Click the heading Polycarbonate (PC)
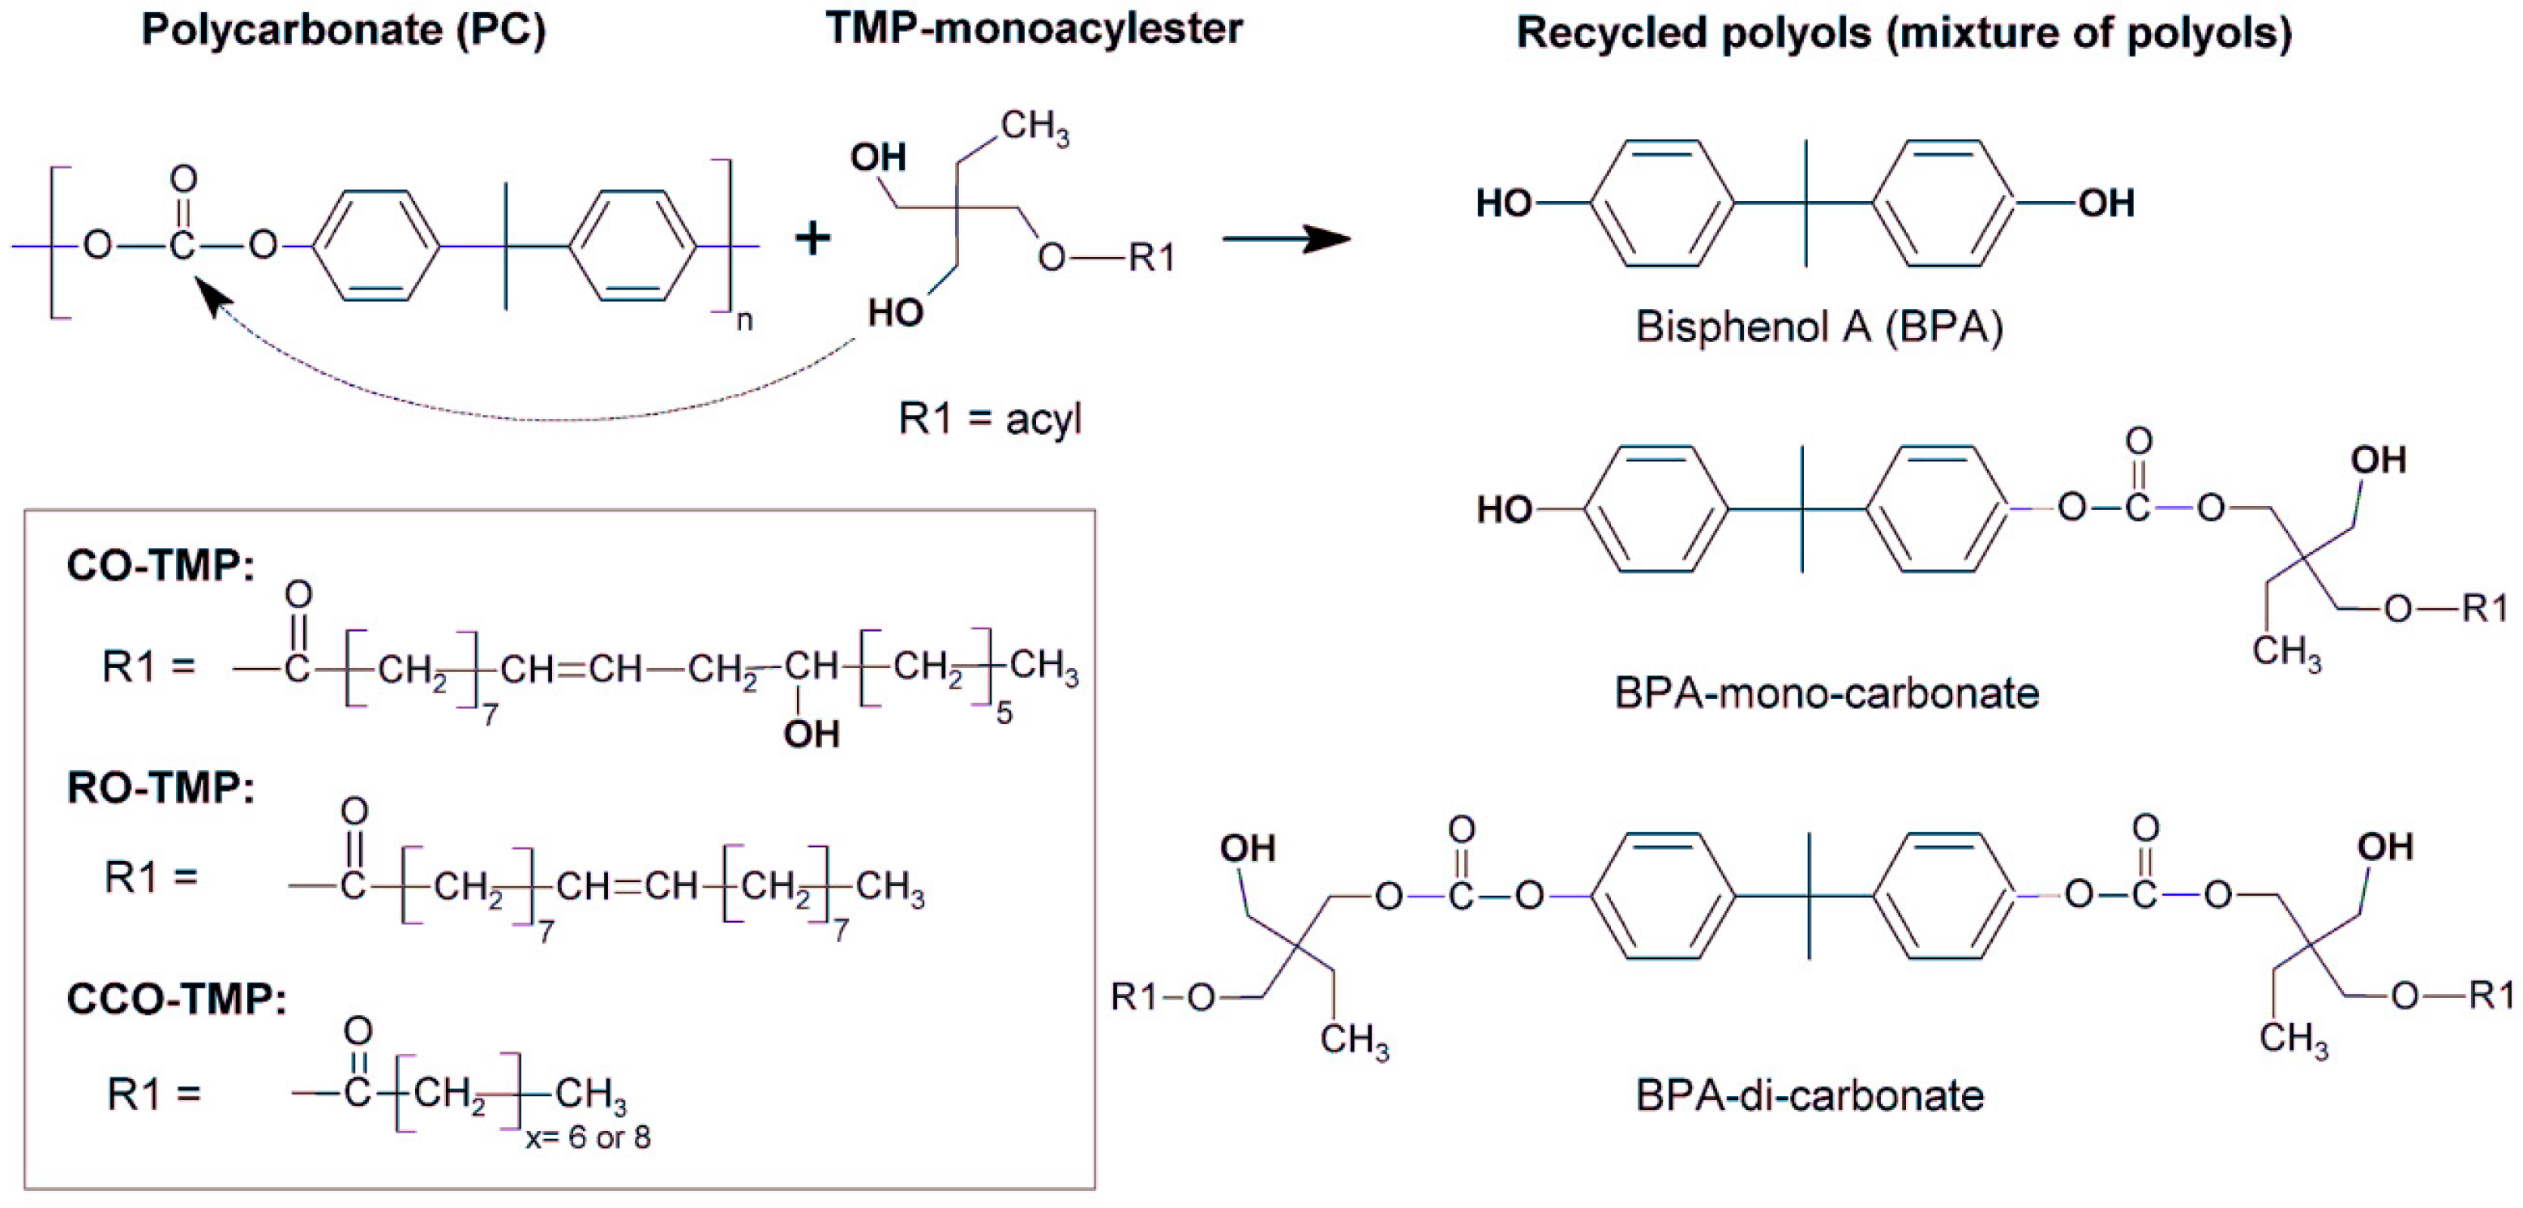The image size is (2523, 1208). [x=343, y=30]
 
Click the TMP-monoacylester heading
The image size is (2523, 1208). [x=1034, y=28]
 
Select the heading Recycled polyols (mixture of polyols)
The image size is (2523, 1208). [x=1903, y=32]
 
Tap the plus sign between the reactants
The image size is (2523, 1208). [x=812, y=238]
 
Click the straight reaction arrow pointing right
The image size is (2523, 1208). [x=1285, y=238]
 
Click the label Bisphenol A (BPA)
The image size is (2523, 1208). [x=1818, y=326]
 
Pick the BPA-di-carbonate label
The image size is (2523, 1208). [x=1809, y=1095]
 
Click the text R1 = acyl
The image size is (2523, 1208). [x=989, y=419]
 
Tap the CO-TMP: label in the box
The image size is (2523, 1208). [x=160, y=565]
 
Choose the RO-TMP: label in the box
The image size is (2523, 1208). [x=160, y=786]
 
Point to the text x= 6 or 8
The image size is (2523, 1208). [x=588, y=1137]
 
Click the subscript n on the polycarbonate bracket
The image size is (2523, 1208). [x=744, y=320]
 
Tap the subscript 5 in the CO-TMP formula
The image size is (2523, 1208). [x=1004, y=713]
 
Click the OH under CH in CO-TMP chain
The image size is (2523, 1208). [x=811, y=733]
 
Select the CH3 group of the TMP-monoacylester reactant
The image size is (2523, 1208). [x=1034, y=127]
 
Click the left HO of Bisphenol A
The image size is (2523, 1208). [x=1503, y=203]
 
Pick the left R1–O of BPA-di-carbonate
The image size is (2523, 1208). [x=1163, y=997]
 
